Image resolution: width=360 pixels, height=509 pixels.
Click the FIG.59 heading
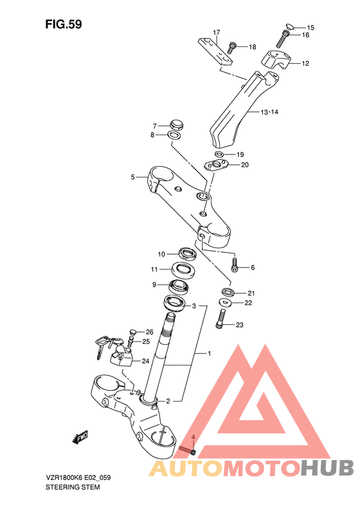tap(64, 24)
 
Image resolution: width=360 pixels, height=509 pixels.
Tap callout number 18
tap(253, 47)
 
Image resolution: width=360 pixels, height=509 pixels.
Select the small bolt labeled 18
tap(232, 48)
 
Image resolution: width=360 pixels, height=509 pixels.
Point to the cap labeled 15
tap(290, 26)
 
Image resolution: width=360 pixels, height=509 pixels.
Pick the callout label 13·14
tap(269, 112)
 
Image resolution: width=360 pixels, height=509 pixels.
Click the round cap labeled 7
tap(176, 125)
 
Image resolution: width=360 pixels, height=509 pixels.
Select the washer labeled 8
tap(174, 135)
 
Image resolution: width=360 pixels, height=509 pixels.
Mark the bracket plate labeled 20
tap(215, 165)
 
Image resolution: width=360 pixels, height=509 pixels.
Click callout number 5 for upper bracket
tap(132, 177)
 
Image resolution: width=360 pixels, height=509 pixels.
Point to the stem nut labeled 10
tap(187, 253)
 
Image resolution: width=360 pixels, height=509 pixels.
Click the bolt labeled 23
tap(221, 318)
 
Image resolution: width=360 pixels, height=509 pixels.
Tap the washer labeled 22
tap(225, 302)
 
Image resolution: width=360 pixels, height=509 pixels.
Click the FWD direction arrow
tap(80, 437)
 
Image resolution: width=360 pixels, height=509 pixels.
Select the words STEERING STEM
tap(73, 487)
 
